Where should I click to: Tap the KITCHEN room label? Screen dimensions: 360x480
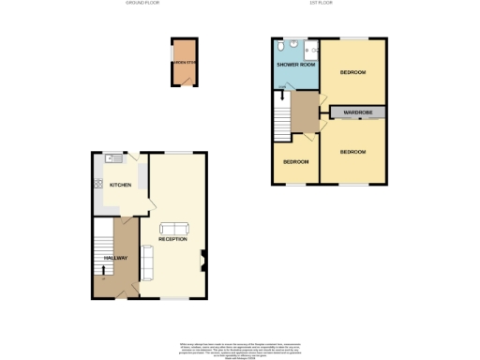tap(120, 185)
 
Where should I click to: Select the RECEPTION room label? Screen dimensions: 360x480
tap(174, 240)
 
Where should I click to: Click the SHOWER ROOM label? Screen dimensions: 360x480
tap(295, 66)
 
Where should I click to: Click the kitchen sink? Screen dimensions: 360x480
tap(110, 157)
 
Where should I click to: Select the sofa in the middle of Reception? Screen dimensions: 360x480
tap(173, 228)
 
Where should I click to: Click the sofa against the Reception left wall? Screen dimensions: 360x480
tap(145, 254)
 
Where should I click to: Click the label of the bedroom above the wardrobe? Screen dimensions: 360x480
tap(352, 72)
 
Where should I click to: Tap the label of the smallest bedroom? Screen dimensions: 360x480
tap(296, 160)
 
